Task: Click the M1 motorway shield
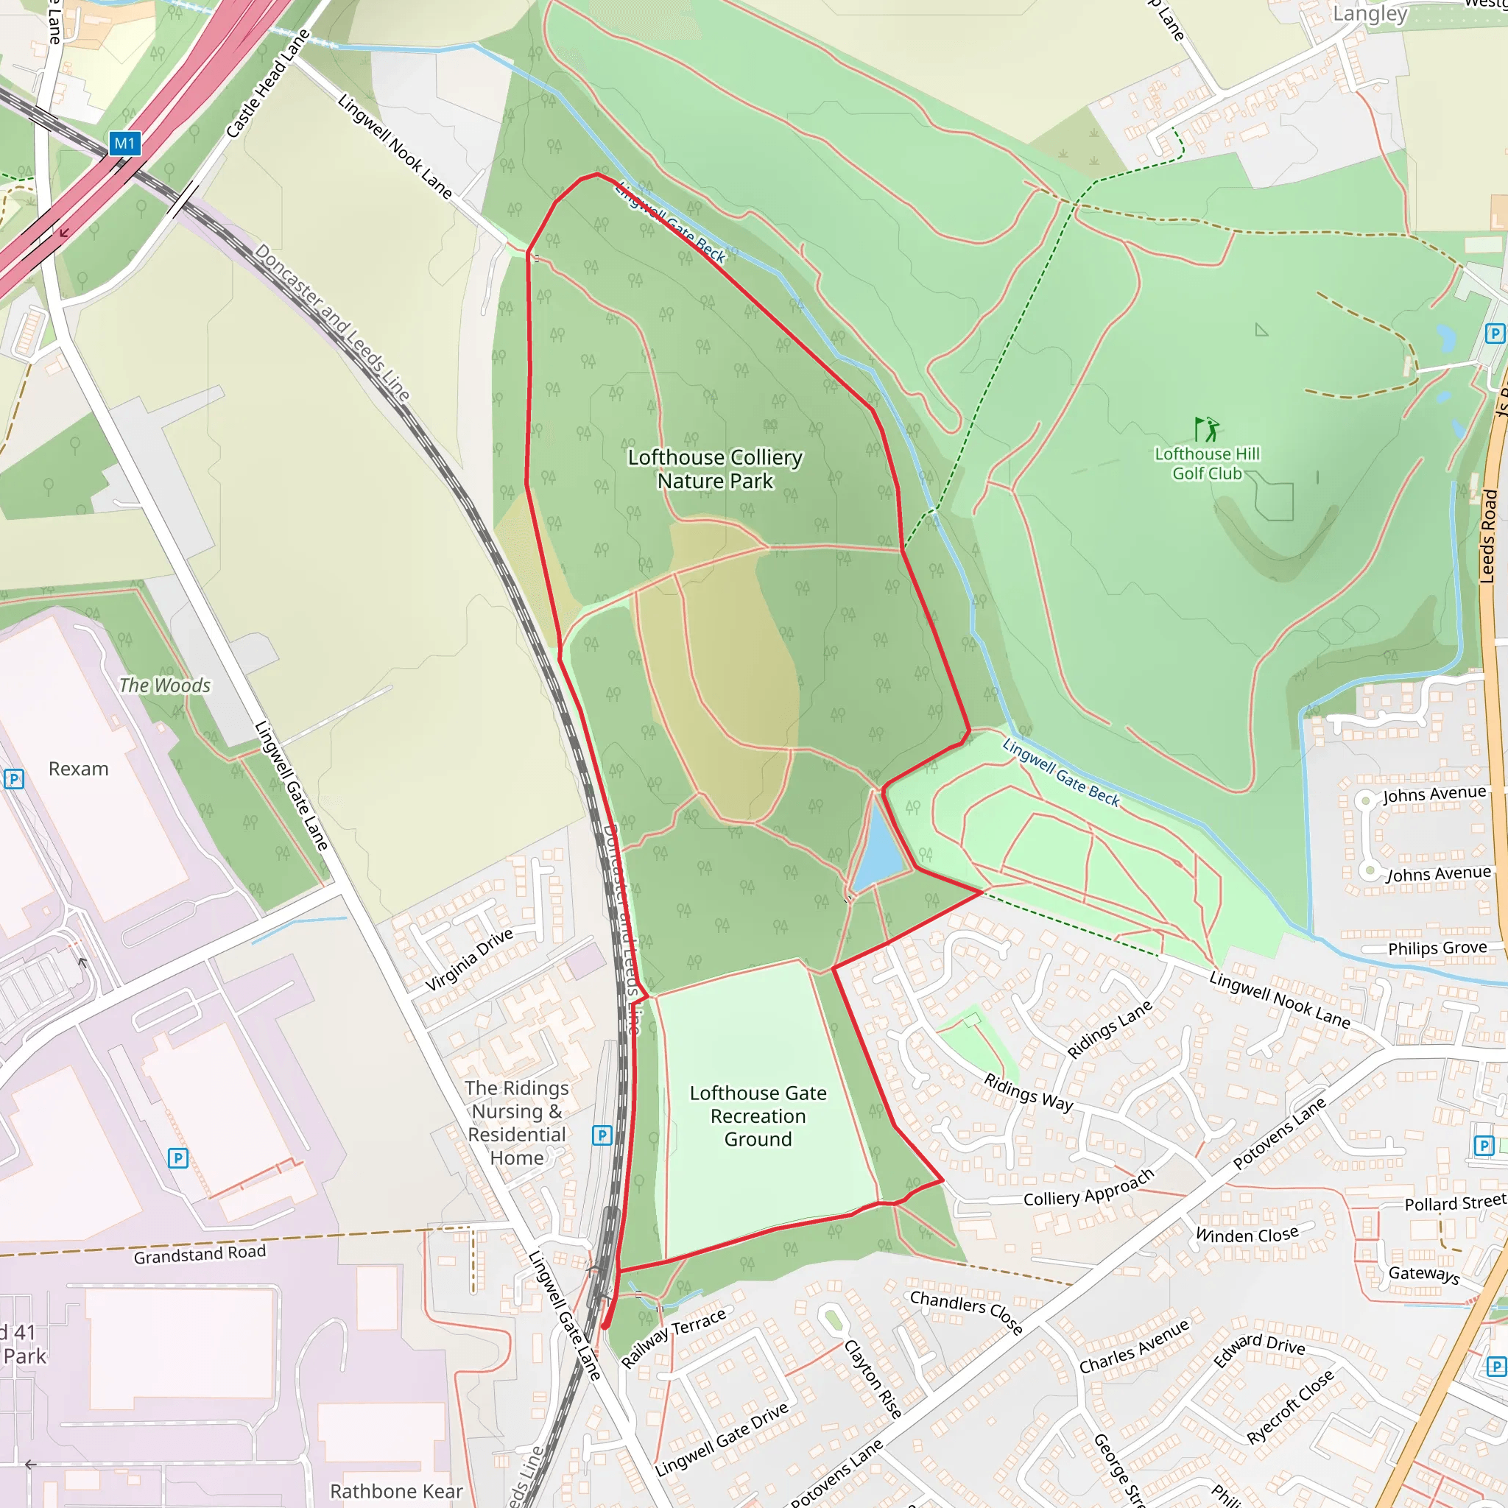click(124, 144)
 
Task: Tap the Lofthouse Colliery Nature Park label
click(715, 469)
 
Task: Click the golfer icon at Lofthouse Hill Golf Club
click(1207, 429)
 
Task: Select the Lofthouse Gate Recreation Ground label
click(758, 1116)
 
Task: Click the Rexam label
click(78, 769)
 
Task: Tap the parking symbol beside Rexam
click(14, 778)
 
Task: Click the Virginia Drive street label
click(469, 959)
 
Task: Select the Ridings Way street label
click(1028, 1092)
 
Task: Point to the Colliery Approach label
click(1088, 1188)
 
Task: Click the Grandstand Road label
click(200, 1253)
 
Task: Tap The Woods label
click(165, 686)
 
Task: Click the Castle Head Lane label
click(267, 83)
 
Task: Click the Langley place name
click(1370, 13)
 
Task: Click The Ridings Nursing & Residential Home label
click(517, 1122)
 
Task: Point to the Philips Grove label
click(1437, 948)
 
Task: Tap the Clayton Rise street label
click(873, 1378)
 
